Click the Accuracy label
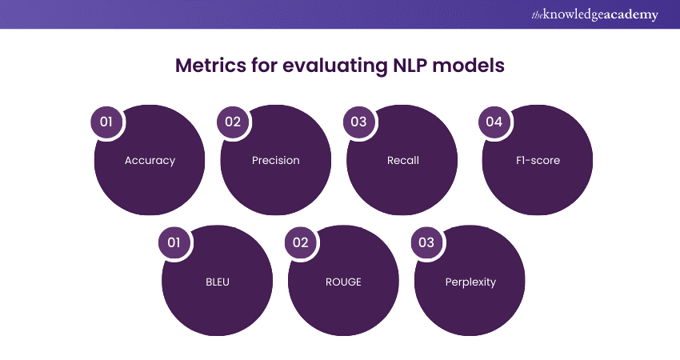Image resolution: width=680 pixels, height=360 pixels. coord(150,160)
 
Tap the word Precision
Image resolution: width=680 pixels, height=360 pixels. coord(275,160)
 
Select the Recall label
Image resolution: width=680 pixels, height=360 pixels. coord(402,160)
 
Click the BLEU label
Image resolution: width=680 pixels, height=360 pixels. coord(217,282)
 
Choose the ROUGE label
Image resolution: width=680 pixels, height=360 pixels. coord(342,282)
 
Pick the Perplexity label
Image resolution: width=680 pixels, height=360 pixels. coord(470,282)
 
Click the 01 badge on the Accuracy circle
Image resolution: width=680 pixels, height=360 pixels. coord(106,122)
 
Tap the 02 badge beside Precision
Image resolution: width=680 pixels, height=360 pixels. coord(233,122)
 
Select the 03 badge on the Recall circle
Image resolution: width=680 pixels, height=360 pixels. coord(358,122)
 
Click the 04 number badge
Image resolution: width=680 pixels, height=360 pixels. coord(494,122)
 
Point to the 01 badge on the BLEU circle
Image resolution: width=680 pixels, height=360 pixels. coord(174,242)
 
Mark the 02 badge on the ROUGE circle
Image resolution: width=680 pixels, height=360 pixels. coord(300,242)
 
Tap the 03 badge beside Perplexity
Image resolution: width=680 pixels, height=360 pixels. coord(426,242)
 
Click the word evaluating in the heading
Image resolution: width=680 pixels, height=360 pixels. coord(335,66)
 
